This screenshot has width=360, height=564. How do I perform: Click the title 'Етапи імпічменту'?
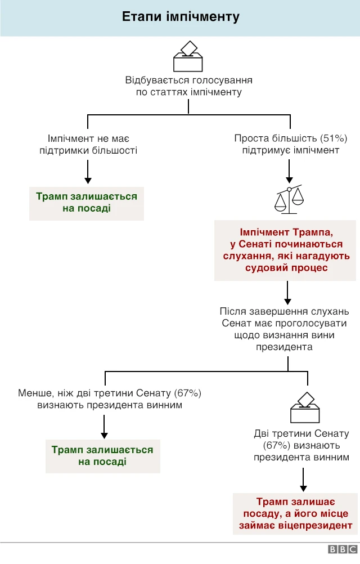pos(181,17)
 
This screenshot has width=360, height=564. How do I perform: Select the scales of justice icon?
pos(289,199)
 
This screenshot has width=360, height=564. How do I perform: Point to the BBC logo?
pos(343,549)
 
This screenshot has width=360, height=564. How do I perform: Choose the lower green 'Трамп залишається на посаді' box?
pos(102,456)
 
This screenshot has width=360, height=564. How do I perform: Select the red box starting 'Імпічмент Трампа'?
pos(286,249)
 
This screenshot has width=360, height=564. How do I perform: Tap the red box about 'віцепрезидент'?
pos(295,513)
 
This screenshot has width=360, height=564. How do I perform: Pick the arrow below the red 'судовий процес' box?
pos(287,292)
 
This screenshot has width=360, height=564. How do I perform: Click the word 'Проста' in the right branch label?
pos(250,138)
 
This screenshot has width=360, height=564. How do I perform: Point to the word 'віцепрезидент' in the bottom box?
pos(319,526)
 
